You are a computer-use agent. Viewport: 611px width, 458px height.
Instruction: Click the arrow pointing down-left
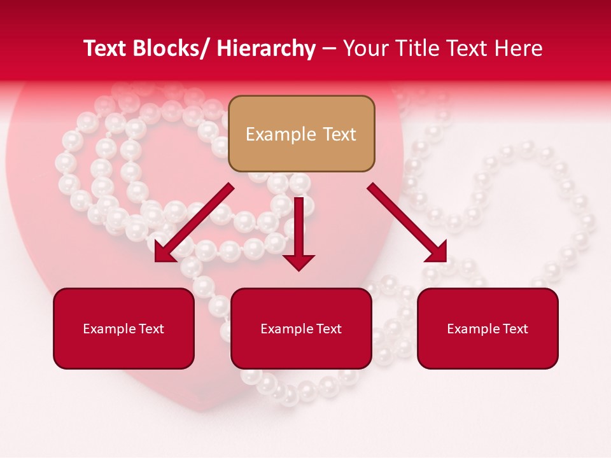point(195,223)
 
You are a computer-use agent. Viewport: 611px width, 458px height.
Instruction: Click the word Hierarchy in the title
point(265,48)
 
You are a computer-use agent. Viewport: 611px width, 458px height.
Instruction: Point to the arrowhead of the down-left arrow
point(164,252)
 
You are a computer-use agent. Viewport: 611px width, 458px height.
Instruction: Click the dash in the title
point(329,48)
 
